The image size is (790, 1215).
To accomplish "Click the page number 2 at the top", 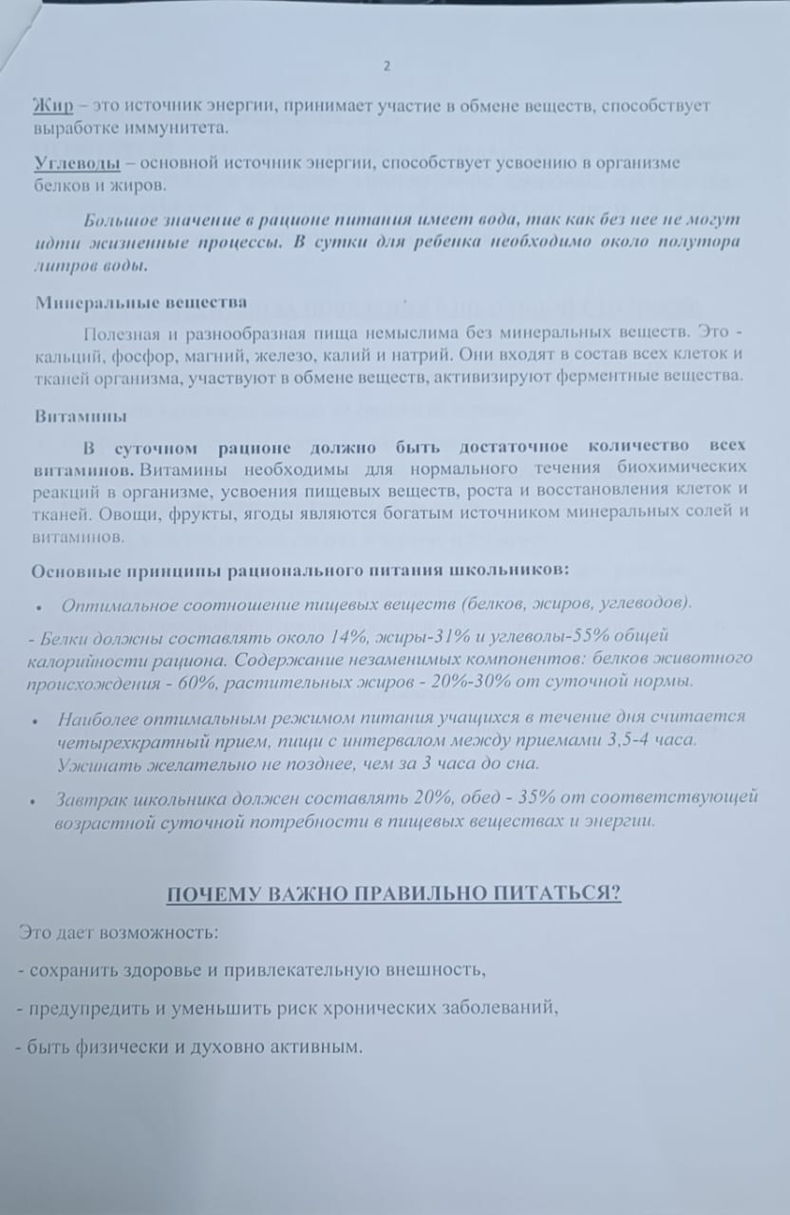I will [x=386, y=65].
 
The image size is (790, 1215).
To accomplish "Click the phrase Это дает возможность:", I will [x=118, y=932].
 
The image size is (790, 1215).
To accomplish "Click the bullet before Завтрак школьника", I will [x=35, y=801].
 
